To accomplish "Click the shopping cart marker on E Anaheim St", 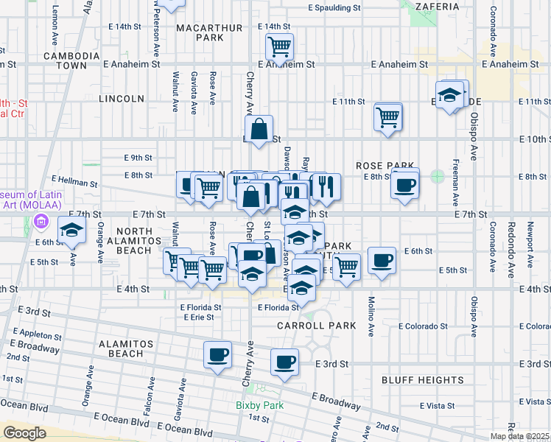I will [280, 47].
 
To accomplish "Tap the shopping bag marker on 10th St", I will [259, 130].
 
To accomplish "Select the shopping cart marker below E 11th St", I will [388, 116].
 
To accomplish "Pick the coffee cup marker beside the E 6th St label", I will [382, 260].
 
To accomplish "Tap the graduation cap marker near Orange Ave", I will [72, 231].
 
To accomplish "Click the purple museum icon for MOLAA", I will [41, 222].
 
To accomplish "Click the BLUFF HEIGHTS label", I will [422, 380].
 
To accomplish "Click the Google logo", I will [24, 433].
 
